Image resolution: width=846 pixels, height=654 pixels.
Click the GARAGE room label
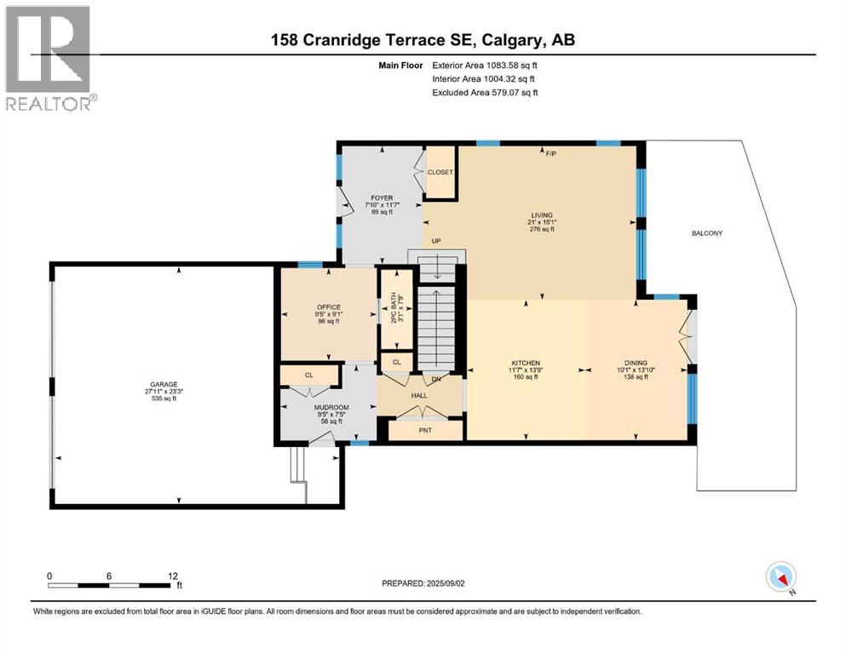(x=160, y=384)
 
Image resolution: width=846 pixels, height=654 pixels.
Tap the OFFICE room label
(x=329, y=307)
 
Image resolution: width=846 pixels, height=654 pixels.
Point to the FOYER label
(x=382, y=198)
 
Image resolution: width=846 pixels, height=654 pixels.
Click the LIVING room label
(x=541, y=215)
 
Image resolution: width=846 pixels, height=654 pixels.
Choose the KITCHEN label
(x=527, y=363)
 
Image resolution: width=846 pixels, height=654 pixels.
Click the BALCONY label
(x=705, y=232)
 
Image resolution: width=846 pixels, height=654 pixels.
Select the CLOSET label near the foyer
(x=440, y=172)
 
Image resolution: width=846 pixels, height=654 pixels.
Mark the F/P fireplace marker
(x=551, y=154)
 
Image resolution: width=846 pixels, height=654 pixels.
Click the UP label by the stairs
(x=435, y=241)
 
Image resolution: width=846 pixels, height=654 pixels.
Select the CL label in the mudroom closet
(x=309, y=375)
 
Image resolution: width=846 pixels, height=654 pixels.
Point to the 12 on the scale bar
(x=173, y=576)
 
